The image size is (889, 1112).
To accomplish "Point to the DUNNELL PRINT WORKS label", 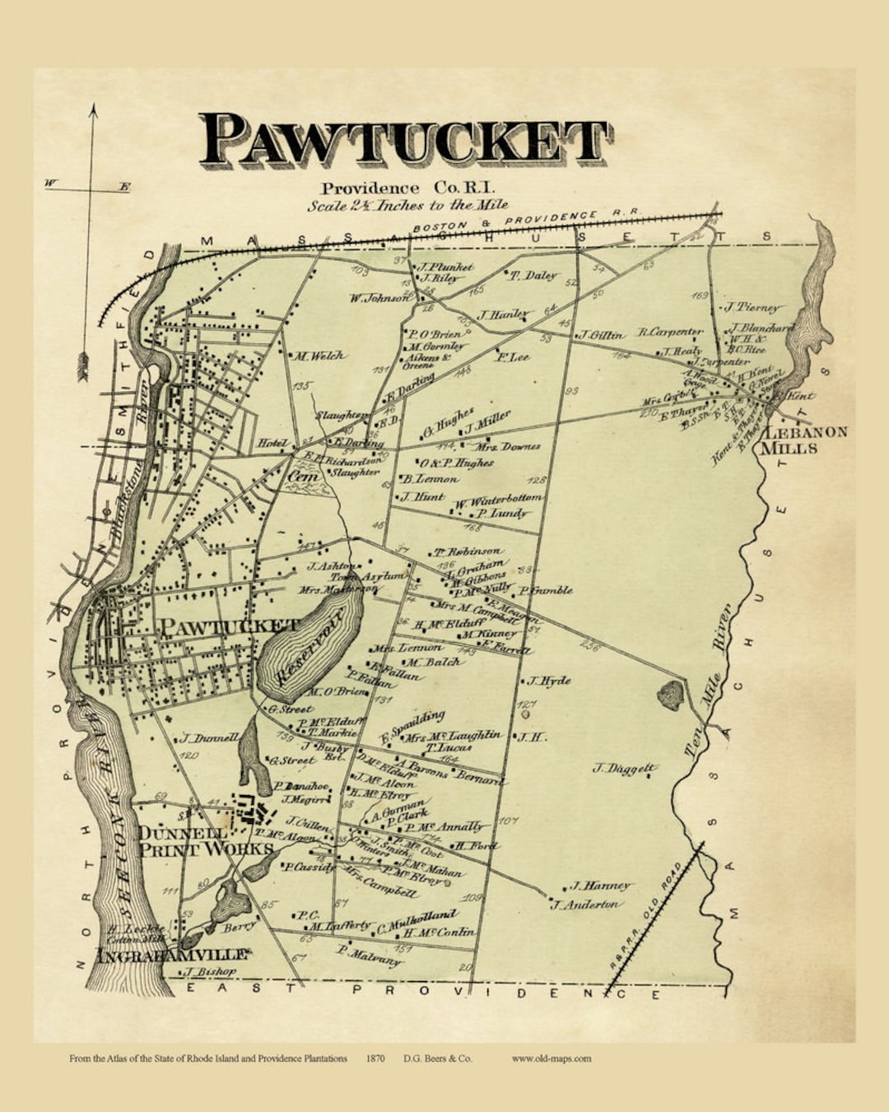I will coord(204,840).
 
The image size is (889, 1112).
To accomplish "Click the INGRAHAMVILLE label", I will coord(172,955).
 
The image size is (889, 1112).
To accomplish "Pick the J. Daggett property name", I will coord(625,769).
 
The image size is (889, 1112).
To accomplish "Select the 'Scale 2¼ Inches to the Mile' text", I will coord(407,205).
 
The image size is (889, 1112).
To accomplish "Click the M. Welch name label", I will coord(319,356).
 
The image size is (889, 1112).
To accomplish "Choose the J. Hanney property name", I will coord(602,886).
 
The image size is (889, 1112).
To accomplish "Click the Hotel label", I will coord(272,443).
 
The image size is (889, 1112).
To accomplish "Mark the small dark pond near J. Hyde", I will coord(670,696).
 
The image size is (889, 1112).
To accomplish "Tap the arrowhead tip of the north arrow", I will coord(93,107).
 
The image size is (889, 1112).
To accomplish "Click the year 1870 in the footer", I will coord(375,1058).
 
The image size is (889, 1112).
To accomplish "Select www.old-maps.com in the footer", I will coord(551,1058).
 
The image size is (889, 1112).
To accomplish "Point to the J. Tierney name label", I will coord(751,307).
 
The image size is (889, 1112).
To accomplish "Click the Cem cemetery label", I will coord(300,476).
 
